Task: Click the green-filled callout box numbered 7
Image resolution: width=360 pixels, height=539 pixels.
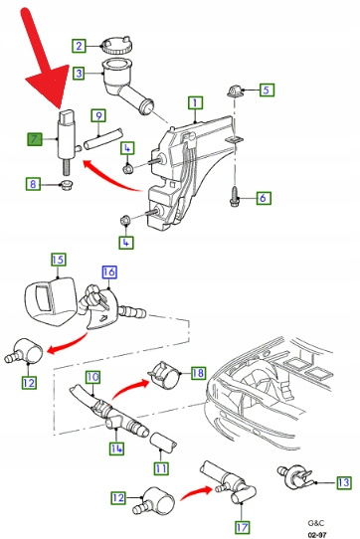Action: [x=35, y=139]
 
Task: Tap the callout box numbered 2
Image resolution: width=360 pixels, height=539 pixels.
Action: [x=80, y=46]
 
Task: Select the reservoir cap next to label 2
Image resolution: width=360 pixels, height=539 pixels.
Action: [x=116, y=45]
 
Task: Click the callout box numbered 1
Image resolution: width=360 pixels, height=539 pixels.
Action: [x=195, y=102]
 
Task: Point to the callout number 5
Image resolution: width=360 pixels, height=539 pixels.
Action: [x=267, y=90]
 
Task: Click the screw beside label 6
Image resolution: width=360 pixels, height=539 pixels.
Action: [x=234, y=197]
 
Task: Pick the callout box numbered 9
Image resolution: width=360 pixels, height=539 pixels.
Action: [x=98, y=115]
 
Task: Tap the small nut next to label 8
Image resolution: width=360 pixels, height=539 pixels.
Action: [x=66, y=185]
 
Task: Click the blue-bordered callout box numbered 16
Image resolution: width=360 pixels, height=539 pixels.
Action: [x=109, y=272]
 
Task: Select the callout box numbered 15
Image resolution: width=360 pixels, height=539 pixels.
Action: [x=58, y=260]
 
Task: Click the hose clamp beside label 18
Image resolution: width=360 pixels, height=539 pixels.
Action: [x=165, y=375]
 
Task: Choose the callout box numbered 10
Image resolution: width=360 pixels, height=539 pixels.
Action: [x=92, y=378]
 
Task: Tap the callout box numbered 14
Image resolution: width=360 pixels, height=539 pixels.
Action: [x=116, y=448]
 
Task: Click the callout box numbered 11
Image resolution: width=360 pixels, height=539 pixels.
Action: [x=161, y=468]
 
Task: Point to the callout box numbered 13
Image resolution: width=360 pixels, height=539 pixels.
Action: [x=343, y=482]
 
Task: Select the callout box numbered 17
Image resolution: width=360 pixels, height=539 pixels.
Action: [x=242, y=527]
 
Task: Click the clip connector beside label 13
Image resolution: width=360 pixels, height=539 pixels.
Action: [x=295, y=476]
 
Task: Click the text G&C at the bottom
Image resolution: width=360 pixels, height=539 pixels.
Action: [x=315, y=523]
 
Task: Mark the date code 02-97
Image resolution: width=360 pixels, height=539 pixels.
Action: [x=316, y=535]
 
